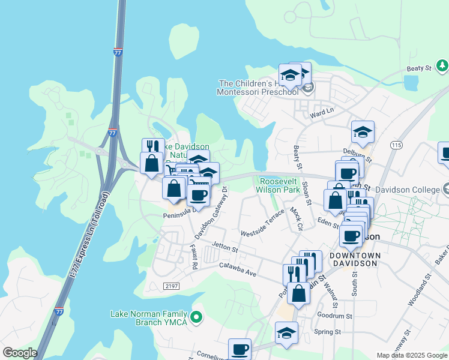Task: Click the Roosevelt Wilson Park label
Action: point(279,185)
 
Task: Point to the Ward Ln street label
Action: point(321,113)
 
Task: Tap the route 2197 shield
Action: point(171,287)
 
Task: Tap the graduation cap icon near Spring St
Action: point(286,332)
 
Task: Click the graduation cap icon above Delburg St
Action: point(363,131)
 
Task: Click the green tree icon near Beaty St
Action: point(442,65)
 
